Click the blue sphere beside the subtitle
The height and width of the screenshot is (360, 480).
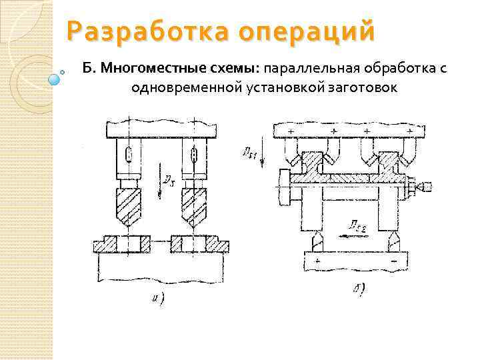click(x=55, y=79)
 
